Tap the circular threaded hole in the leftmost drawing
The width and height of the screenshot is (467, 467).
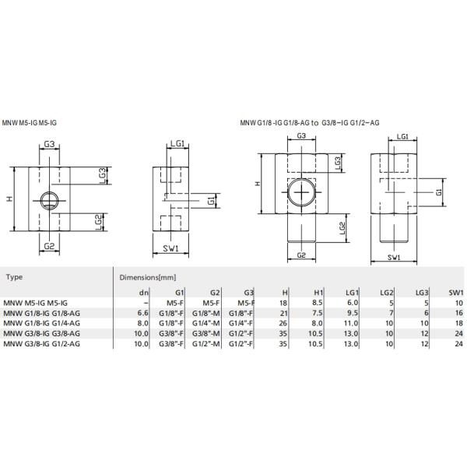48,201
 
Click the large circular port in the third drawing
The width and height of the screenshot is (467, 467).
300,191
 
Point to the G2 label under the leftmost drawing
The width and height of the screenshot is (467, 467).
48,246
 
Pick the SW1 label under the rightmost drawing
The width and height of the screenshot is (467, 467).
393,257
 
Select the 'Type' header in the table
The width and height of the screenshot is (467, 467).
13,276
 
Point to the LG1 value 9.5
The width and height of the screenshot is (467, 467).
351,312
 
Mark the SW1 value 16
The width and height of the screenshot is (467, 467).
458,312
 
